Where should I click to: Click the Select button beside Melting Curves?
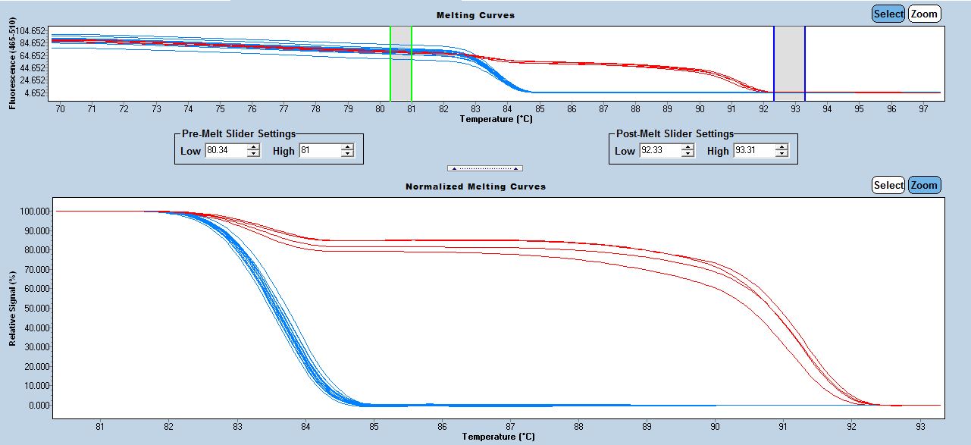click(888, 14)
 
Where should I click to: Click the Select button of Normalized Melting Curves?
click(888, 185)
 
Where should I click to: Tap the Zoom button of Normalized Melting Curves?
click(924, 185)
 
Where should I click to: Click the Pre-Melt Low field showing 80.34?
click(225, 151)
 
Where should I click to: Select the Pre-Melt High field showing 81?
click(319, 151)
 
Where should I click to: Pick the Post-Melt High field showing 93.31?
click(753, 151)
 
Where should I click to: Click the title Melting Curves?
click(475, 15)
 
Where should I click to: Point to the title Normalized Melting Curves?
click(475, 186)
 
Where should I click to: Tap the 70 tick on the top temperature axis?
click(60, 108)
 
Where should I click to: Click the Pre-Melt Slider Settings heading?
click(239, 133)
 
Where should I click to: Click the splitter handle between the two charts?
click(485, 168)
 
